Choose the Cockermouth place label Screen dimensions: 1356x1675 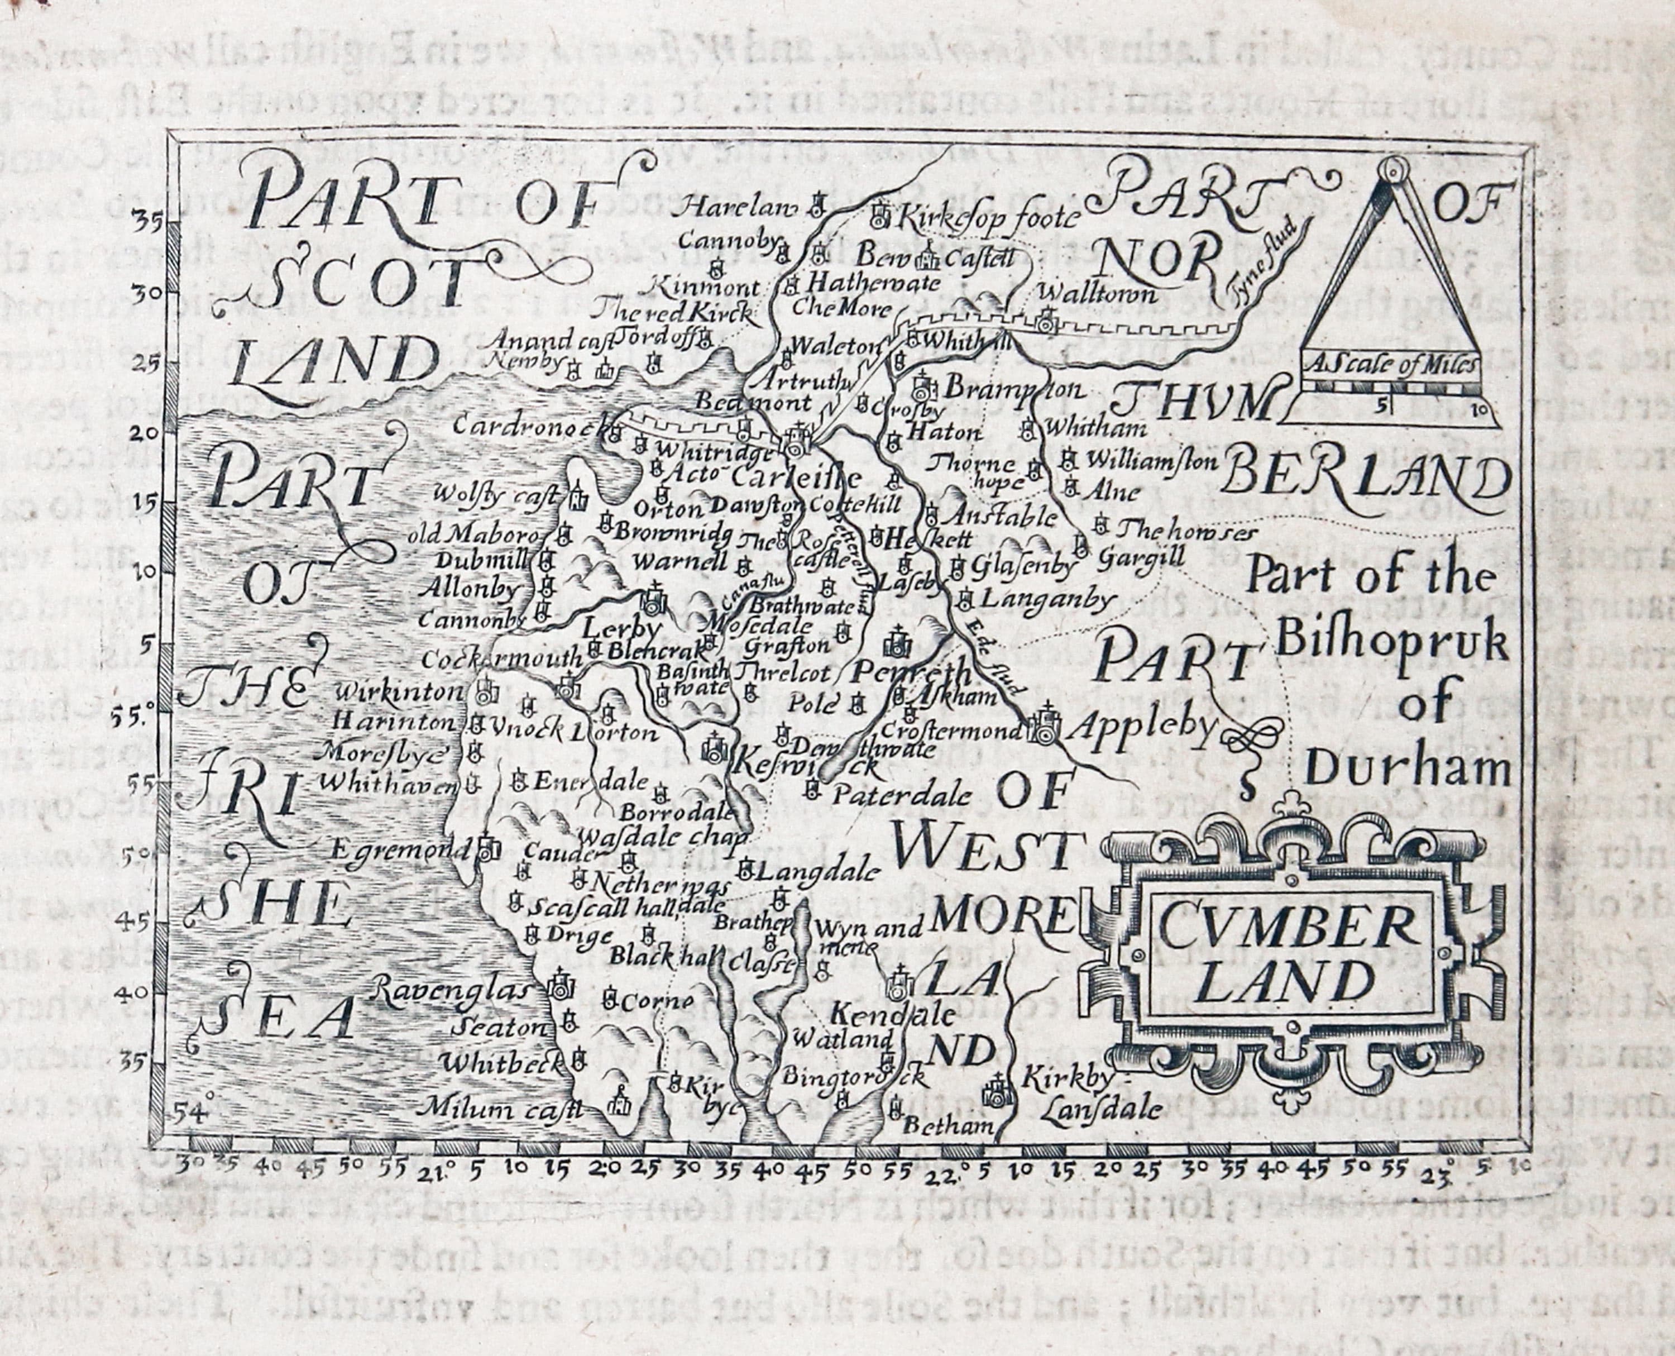[x=501, y=658]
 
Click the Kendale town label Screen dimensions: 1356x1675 [x=891, y=1015]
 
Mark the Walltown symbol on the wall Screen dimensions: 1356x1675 [x=1046, y=319]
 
